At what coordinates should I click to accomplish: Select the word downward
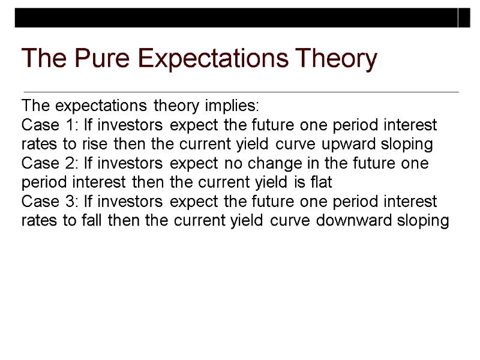tap(348, 221)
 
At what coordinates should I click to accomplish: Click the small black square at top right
tap(464, 17)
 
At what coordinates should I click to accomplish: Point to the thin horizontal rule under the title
tap(240, 92)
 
